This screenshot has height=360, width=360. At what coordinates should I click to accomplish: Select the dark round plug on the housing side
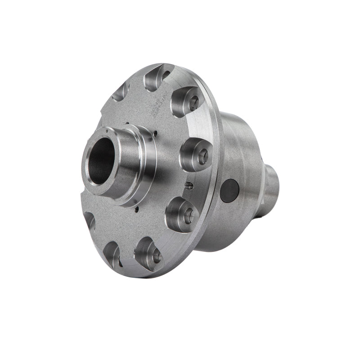pyautogui.click(x=229, y=190)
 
